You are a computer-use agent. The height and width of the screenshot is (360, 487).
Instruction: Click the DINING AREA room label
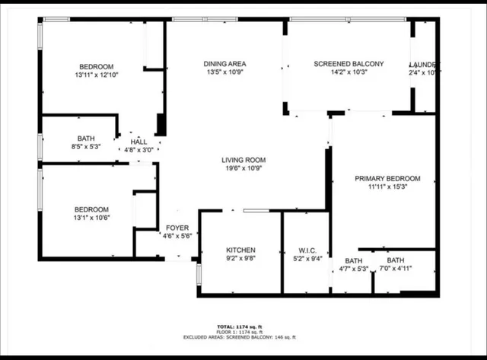click(x=224, y=64)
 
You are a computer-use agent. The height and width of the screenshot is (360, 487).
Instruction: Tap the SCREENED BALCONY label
click(x=349, y=64)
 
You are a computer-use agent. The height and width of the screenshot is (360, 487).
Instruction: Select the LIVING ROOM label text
click(x=242, y=160)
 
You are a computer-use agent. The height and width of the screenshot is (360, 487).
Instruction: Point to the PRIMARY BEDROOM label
click(x=388, y=178)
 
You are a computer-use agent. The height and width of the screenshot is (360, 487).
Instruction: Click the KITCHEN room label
click(x=240, y=250)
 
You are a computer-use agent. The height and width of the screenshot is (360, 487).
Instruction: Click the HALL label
click(x=138, y=142)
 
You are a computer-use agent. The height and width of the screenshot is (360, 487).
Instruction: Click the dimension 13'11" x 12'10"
click(x=97, y=75)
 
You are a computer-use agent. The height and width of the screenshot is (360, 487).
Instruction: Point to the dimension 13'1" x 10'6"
click(x=91, y=218)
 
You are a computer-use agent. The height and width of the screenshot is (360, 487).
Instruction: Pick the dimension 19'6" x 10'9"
click(x=242, y=168)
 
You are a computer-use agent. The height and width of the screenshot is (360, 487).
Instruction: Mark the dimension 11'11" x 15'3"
click(x=388, y=186)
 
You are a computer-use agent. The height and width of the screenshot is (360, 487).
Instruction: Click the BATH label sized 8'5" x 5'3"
click(x=85, y=139)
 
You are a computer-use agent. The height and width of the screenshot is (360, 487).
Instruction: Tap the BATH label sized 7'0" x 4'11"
click(x=396, y=260)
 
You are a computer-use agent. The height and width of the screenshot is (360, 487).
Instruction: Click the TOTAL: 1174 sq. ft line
click(x=240, y=325)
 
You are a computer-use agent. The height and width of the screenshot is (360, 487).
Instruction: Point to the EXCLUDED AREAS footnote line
click(x=240, y=337)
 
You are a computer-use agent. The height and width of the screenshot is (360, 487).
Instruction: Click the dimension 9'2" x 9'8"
click(x=240, y=259)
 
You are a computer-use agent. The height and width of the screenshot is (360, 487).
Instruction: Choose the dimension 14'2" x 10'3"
click(x=349, y=73)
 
